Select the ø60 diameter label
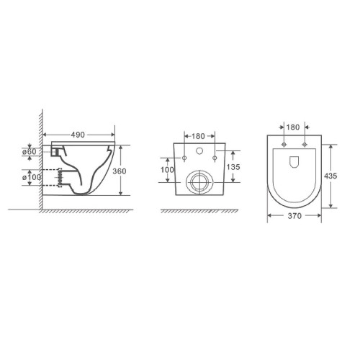30,152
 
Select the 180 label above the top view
293,127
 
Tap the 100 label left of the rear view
167,170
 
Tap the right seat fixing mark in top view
305,144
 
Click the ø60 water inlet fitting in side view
56,152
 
